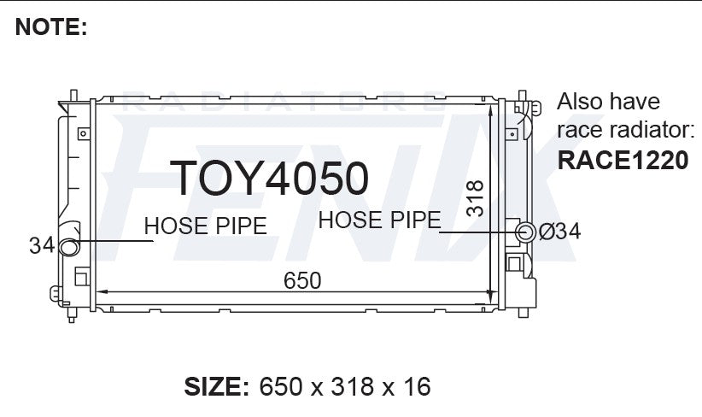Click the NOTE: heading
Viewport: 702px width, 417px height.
51,26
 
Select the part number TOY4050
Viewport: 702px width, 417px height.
269,179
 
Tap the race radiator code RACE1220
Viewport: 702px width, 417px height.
623,160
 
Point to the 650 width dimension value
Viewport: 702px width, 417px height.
302,280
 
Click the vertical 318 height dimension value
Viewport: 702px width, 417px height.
475,198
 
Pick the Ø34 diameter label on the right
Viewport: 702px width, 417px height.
559,232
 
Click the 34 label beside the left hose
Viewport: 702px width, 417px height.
42,245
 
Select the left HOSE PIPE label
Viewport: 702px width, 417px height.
206,226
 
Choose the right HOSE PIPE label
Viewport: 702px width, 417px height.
380,220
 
